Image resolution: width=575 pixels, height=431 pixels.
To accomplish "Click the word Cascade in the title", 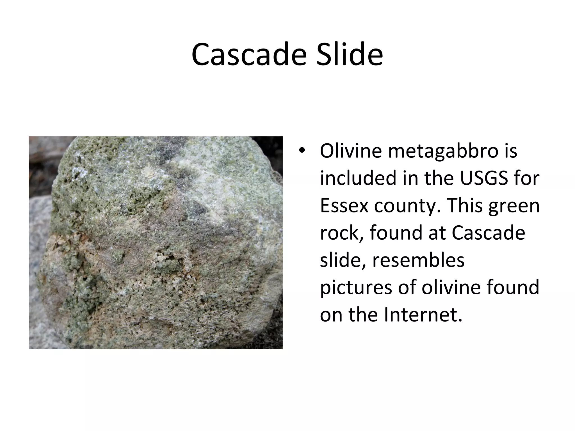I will pos(248,55).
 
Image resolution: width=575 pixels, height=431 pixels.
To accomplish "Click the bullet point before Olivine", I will pos(302,151).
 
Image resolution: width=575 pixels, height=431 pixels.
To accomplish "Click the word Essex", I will pos(344,206).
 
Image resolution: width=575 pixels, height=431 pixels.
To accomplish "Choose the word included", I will pos(358,178).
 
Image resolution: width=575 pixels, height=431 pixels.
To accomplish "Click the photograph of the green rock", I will pos(156,243).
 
